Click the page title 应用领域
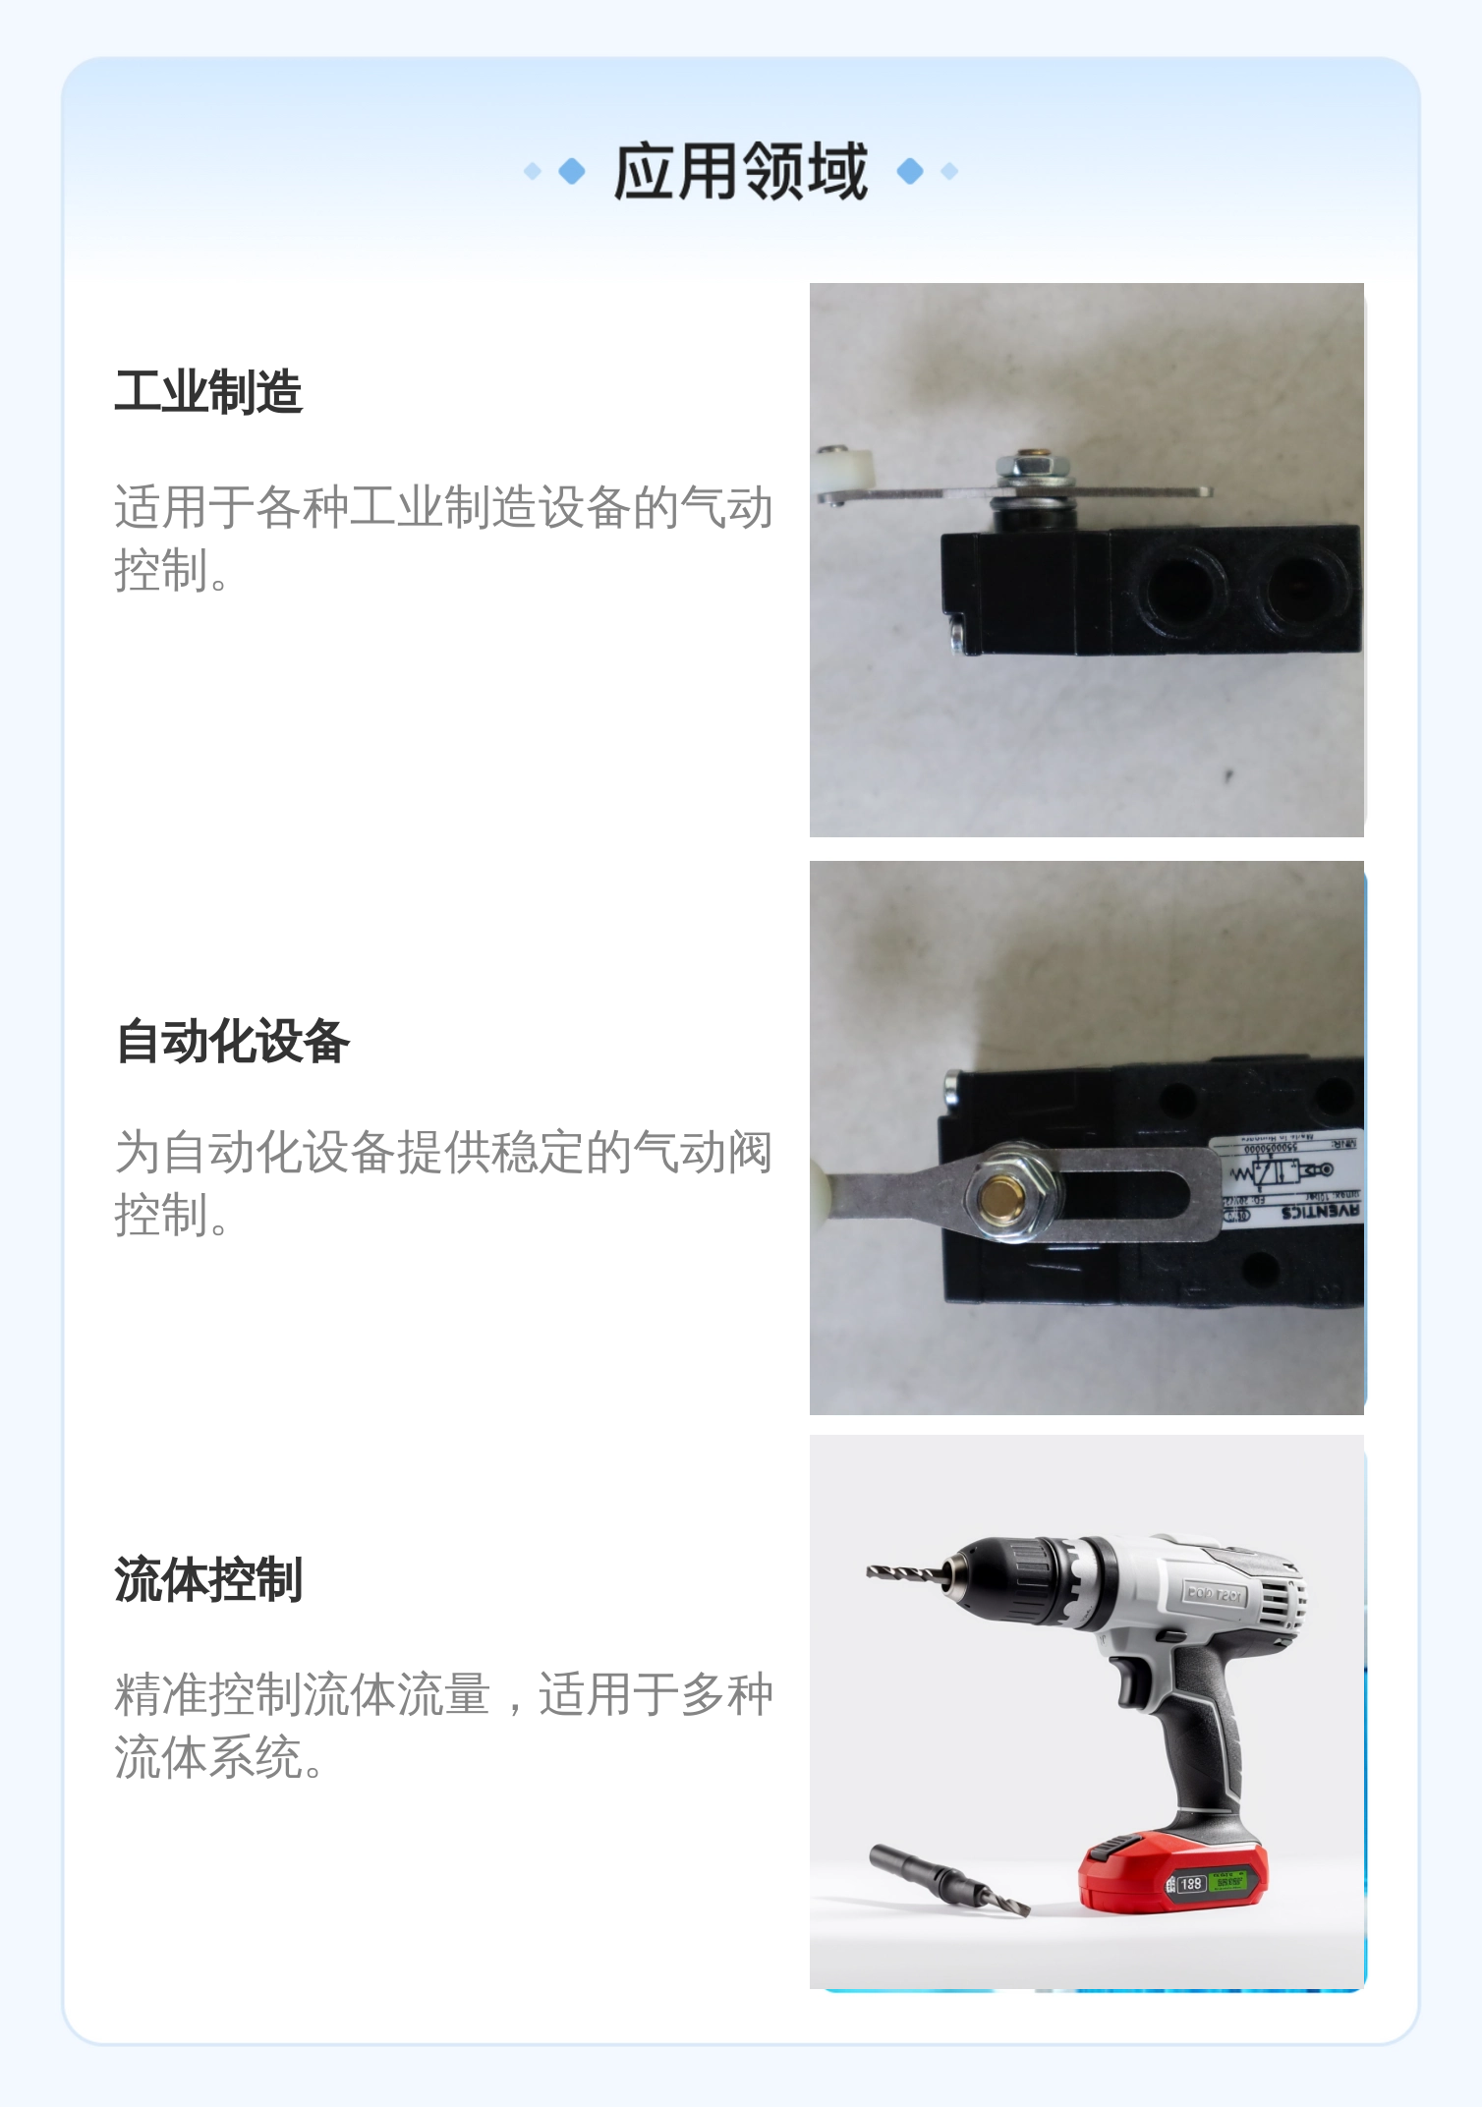pyautogui.click(x=740, y=172)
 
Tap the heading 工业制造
pyautogui.click(x=208, y=391)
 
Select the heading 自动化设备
pyautogui.click(x=232, y=1041)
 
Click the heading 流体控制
pyautogui.click(x=208, y=1579)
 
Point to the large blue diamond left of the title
pyautogui.click(x=572, y=171)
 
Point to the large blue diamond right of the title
pyautogui.click(x=910, y=171)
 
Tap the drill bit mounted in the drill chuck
pyautogui.click(x=904, y=1572)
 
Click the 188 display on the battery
pyautogui.click(x=1191, y=1884)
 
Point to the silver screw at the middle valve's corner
pyautogui.click(x=950, y=1087)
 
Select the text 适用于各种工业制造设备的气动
pyautogui.click(x=442, y=508)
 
